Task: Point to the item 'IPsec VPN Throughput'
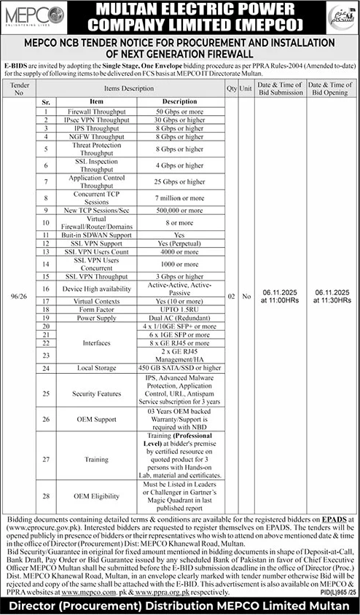97,118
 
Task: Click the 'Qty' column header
230,85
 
